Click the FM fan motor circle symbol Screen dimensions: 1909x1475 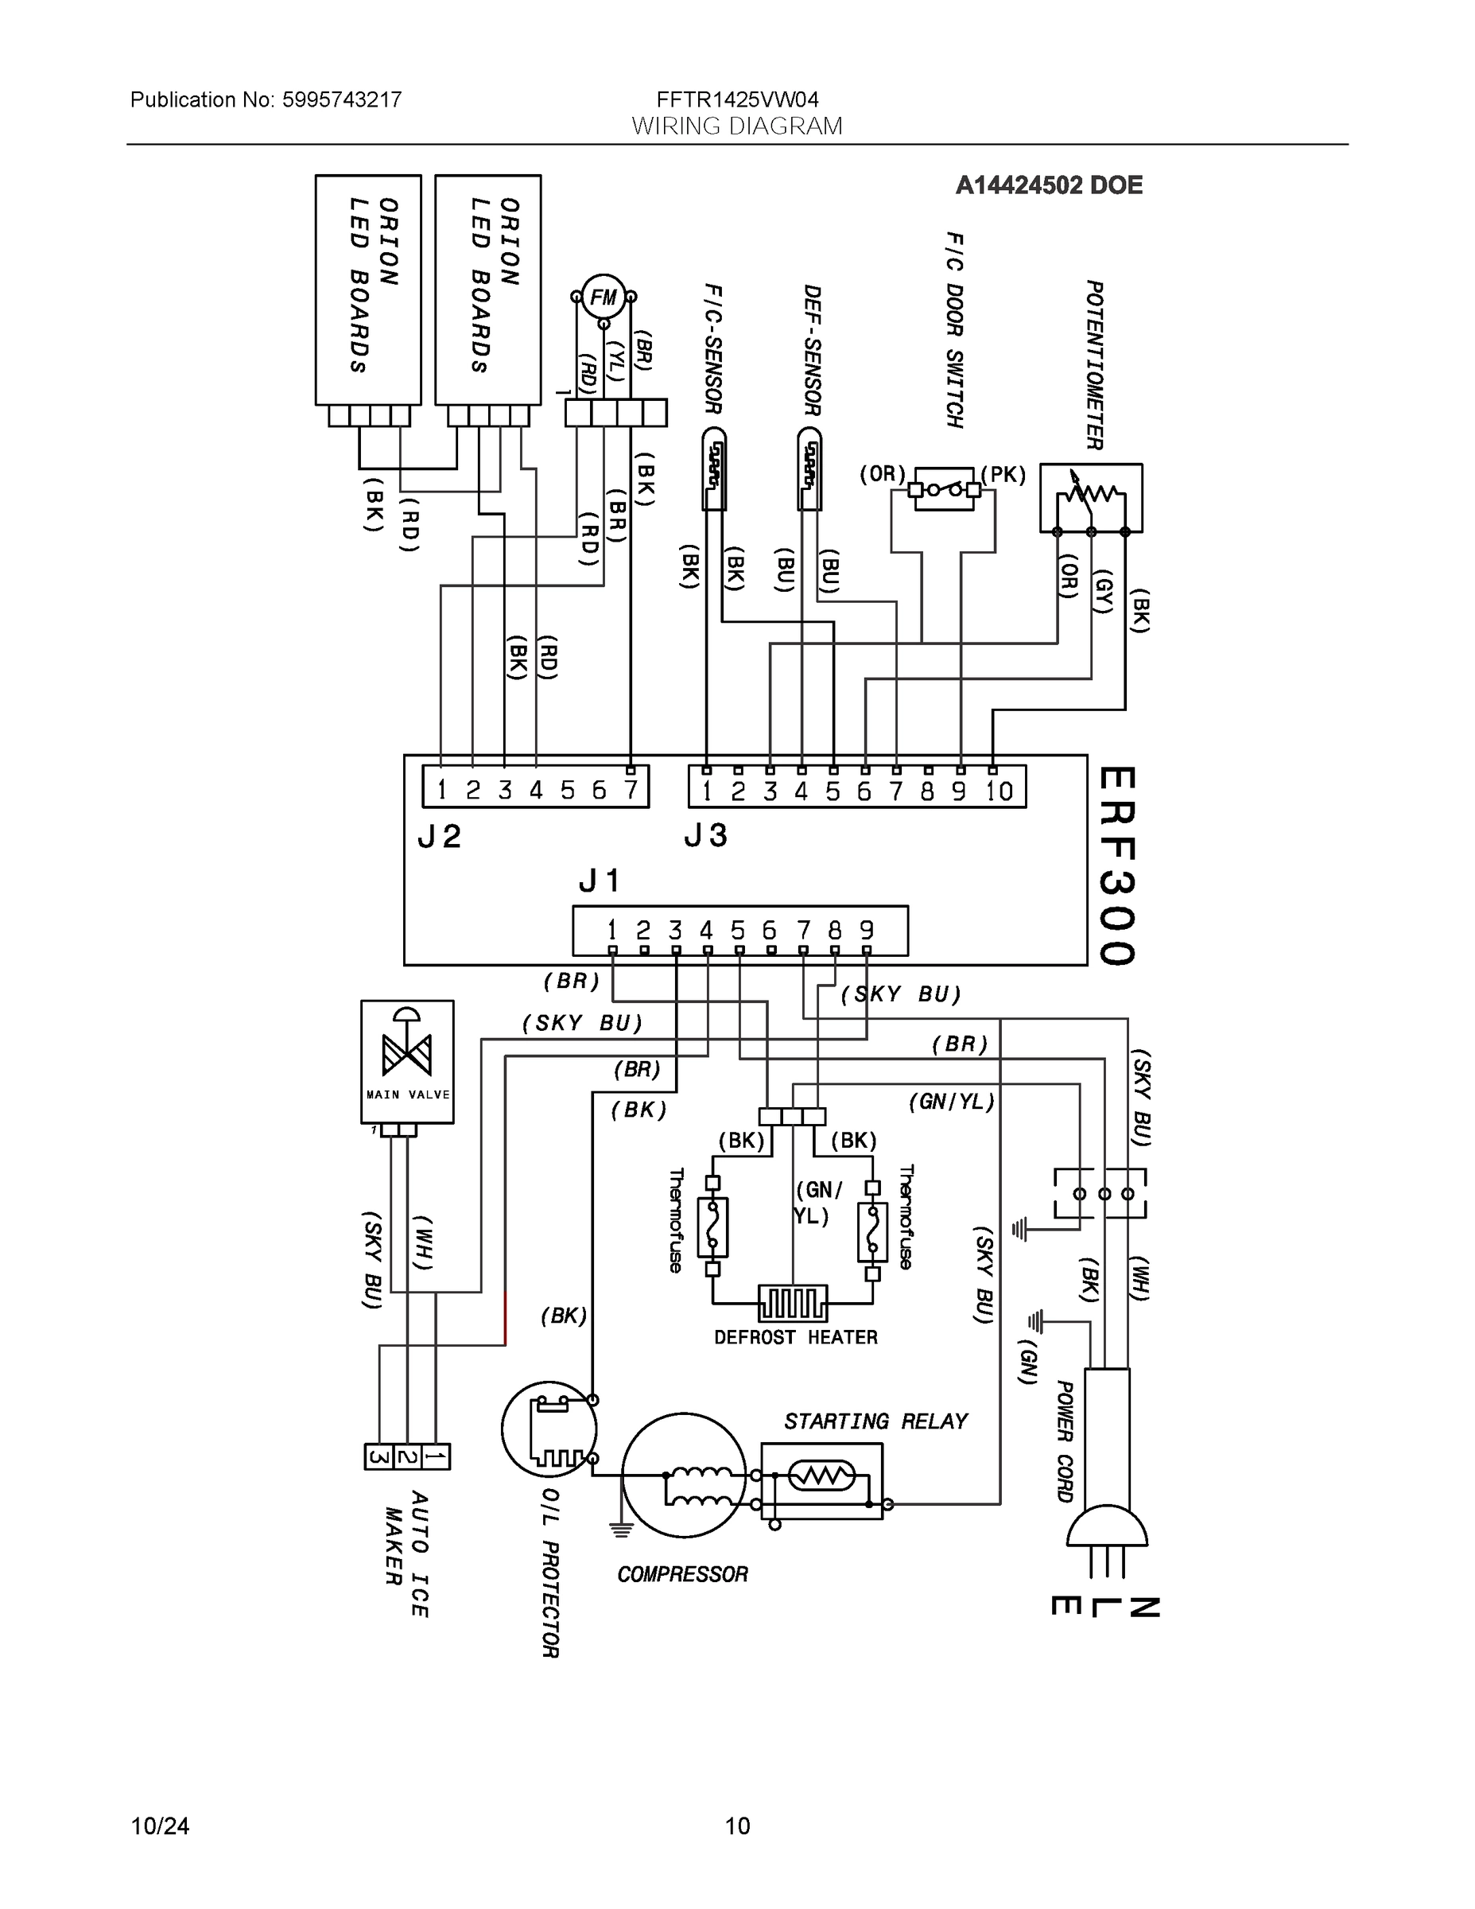point(603,297)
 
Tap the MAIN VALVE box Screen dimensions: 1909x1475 point(407,1061)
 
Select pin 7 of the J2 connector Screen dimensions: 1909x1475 point(630,790)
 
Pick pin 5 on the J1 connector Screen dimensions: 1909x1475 point(739,930)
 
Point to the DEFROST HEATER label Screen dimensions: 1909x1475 point(795,1337)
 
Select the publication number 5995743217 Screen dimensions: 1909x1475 point(342,99)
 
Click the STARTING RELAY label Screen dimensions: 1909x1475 point(875,1421)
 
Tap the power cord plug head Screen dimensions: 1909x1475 point(1106,1528)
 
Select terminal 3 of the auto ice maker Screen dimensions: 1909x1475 point(378,1457)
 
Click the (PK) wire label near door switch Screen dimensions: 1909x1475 point(1003,475)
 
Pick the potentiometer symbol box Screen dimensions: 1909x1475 point(1090,497)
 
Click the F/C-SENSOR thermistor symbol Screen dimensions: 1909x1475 point(714,469)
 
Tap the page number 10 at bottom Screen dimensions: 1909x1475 point(738,1826)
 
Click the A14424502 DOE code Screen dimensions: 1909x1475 point(1049,185)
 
